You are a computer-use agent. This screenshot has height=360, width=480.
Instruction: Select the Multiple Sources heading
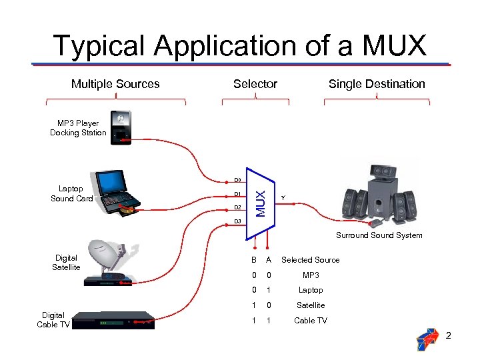coord(115,84)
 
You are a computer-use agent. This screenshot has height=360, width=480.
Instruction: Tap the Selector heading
coord(255,84)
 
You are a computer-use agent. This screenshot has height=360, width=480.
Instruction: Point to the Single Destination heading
coord(377,84)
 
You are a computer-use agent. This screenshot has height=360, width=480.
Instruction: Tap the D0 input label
coord(237,180)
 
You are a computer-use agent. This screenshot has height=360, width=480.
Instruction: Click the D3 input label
coord(237,221)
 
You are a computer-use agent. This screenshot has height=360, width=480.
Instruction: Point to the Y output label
coord(283,198)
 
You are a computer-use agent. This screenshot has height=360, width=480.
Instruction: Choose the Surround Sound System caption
coord(379,235)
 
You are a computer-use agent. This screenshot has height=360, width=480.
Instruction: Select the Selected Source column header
coord(310,260)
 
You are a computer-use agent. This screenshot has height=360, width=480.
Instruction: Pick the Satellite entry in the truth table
coord(311,305)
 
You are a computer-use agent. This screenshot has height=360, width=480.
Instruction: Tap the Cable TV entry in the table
coord(311,321)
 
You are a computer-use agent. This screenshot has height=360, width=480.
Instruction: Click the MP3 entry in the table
coord(311,275)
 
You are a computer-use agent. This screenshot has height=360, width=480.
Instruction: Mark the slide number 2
coord(449,335)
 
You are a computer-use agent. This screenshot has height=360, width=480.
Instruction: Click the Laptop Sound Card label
coord(71,194)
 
